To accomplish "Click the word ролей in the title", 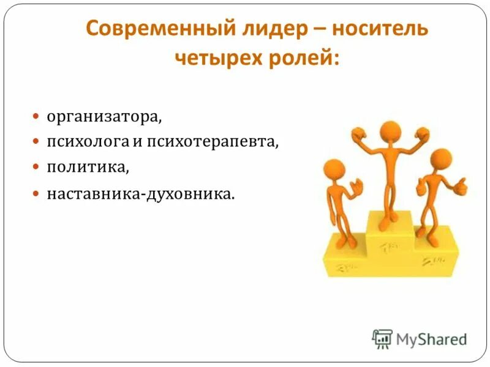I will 303,59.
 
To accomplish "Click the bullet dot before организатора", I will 36,115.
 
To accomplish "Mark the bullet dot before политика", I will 36,166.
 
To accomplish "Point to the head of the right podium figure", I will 440,160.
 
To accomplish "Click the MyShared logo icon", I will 382,338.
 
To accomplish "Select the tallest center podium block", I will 390,245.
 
